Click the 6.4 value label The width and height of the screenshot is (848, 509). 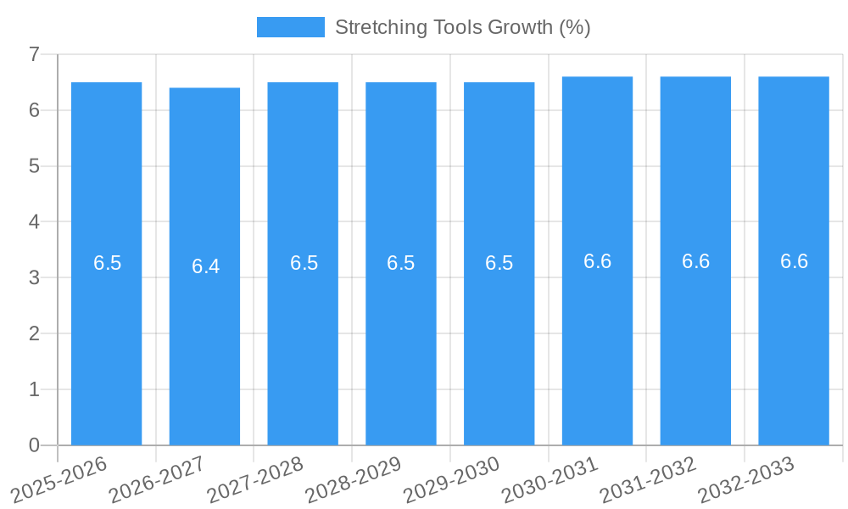point(205,266)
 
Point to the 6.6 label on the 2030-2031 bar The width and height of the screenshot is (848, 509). point(597,261)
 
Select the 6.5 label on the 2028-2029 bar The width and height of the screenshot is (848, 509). point(400,263)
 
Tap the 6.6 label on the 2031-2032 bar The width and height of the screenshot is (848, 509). point(695,261)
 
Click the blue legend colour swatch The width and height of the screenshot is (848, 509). point(290,27)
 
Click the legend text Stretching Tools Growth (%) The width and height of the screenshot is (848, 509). point(462,27)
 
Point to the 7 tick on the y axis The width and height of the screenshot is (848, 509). point(34,54)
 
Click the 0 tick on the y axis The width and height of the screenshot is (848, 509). point(34,445)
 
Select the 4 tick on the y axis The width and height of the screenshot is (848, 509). point(34,221)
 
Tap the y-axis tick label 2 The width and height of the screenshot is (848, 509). point(34,333)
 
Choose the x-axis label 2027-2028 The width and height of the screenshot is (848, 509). point(255,478)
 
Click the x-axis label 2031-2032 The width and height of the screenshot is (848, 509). point(648,478)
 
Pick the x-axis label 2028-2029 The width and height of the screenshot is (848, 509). point(354,478)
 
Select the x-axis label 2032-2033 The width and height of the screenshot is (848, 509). point(746,478)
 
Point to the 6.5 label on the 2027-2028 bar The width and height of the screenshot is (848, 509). point(304,263)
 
